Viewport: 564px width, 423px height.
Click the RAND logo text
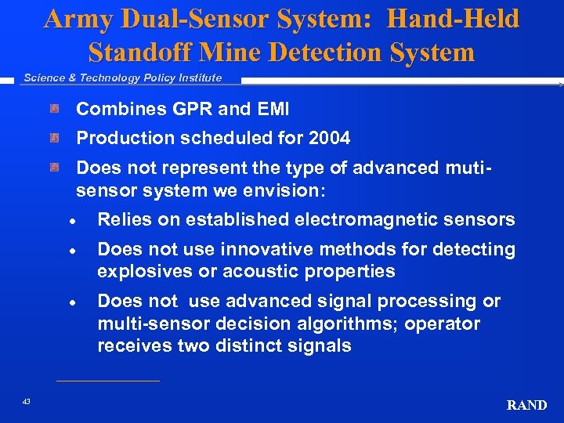click(x=526, y=405)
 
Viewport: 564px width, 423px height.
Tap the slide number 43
click(x=27, y=401)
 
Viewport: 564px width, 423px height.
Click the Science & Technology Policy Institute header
click(x=122, y=78)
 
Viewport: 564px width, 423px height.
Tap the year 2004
click(x=329, y=139)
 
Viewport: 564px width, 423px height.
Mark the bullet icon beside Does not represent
click(x=54, y=168)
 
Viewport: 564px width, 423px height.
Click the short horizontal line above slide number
click(x=108, y=381)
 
